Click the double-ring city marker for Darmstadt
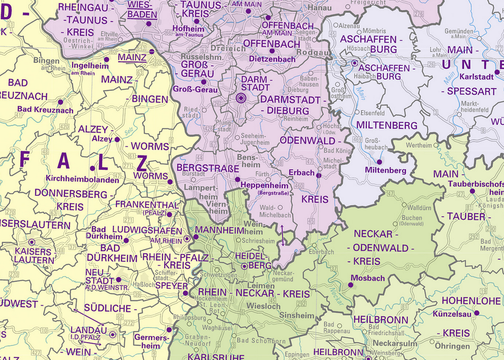pyautogui.click(x=240, y=99)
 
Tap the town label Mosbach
pyautogui.click(x=368, y=278)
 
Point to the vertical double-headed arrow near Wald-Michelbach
pyautogui.click(x=282, y=235)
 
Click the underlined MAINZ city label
pyautogui.click(x=132, y=58)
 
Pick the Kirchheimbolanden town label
pyautogui.click(x=82, y=179)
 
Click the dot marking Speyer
pyautogui.click(x=186, y=293)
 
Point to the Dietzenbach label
pyautogui.click(x=272, y=59)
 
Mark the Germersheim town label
pyautogui.click(x=151, y=341)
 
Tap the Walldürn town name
pyautogui.click(x=420, y=208)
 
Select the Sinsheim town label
pyautogui.click(x=296, y=316)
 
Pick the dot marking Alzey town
pyautogui.click(x=117, y=139)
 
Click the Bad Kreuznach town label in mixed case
pyautogui.click(x=45, y=109)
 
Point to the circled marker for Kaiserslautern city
pyautogui.click(x=32, y=242)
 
